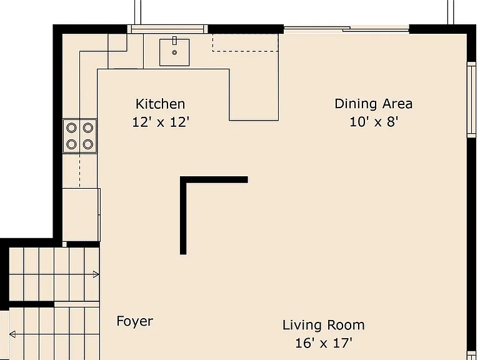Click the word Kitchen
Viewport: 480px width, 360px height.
tap(161, 104)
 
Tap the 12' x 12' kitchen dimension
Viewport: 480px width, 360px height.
tap(161, 122)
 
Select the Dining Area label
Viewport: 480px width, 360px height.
tap(374, 104)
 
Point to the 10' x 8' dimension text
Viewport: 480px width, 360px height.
tap(374, 122)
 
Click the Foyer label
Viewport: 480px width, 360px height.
tap(135, 321)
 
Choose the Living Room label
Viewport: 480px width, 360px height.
tap(324, 325)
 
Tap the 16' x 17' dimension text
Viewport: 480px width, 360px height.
tap(324, 343)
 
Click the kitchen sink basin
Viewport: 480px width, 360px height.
tap(174, 52)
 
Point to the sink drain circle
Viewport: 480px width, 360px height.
tap(174, 52)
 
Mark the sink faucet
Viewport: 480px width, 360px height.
tap(174, 41)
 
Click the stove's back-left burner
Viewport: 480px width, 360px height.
tap(71, 127)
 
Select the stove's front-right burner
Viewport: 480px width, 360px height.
tap(88, 144)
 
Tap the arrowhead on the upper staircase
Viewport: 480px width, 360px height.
tap(96, 274)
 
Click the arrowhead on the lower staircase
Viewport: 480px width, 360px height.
tap(12, 334)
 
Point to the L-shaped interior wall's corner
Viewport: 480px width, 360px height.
tap(183, 180)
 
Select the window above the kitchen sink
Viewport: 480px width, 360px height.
tap(167, 29)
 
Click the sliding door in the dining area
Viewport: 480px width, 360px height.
tap(346, 29)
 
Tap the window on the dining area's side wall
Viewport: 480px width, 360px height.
tap(471, 99)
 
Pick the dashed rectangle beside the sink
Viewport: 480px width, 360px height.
tap(246, 42)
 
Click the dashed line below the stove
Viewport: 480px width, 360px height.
tap(80, 170)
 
